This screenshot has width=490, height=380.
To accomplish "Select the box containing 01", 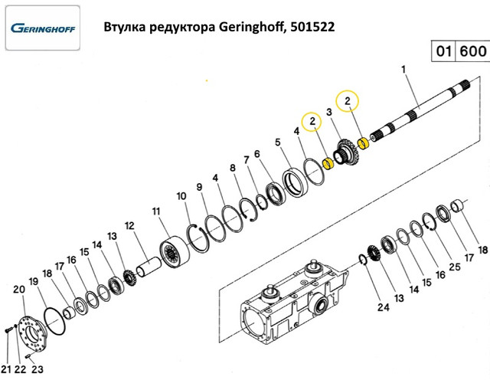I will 443,52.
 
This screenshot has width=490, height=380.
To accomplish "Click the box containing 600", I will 471,52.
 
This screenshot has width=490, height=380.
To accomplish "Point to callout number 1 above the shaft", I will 403,70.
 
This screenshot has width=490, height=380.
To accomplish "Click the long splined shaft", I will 421,116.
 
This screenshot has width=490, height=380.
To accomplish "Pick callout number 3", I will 328,112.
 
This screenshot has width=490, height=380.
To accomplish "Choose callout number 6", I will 257,152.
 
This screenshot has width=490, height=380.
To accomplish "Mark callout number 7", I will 247,160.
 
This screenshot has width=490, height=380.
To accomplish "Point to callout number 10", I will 181,197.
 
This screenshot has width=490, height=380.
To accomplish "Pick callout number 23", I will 36,369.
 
